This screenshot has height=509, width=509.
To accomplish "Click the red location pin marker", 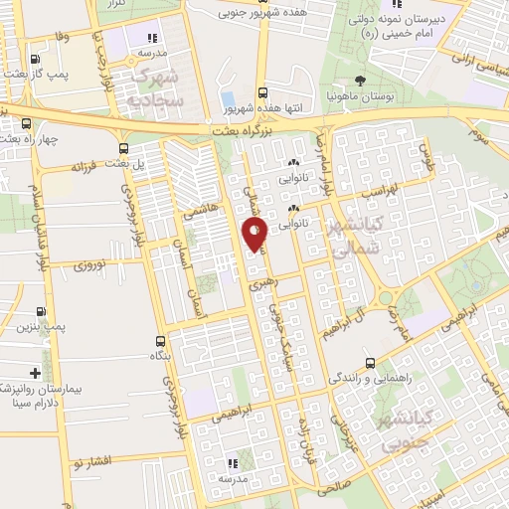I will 254,235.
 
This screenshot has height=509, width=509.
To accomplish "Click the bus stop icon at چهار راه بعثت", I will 26,123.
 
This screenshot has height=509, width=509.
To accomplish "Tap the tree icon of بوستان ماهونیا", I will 360,82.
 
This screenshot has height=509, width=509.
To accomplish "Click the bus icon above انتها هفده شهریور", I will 262,89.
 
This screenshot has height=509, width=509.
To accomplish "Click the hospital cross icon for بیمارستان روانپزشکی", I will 36,374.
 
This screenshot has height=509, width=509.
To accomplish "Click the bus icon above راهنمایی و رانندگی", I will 370,363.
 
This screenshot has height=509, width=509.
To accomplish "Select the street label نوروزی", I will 95,264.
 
